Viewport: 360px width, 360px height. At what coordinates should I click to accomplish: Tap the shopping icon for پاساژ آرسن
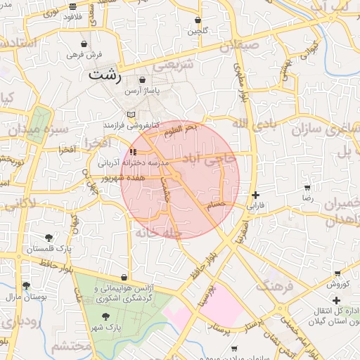point(143,81)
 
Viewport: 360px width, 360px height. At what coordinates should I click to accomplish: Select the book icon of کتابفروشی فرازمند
point(131,114)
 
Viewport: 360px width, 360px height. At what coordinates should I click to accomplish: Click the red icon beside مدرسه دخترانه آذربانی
point(134,151)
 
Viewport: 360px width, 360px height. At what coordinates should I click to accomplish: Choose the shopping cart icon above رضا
point(307,188)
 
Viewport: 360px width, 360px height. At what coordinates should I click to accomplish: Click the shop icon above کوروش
point(337,274)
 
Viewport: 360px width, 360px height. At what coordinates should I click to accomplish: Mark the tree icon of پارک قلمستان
point(49,238)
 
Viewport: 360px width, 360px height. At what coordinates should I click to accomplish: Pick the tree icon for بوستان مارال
point(26,285)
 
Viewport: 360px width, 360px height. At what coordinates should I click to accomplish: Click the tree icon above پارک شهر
point(105,316)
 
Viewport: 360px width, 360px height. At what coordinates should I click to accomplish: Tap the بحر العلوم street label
point(182,129)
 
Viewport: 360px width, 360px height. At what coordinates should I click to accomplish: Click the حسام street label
point(216,204)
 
